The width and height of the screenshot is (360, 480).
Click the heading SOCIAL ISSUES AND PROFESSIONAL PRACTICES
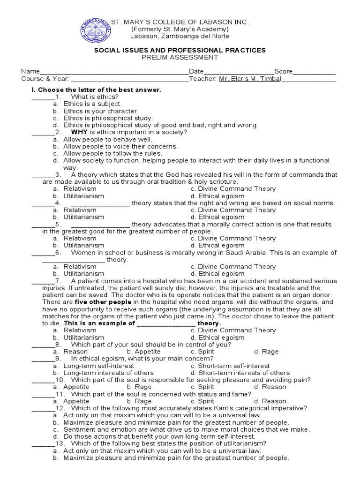(x=180, y=50)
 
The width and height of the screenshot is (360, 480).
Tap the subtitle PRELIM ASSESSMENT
(x=180, y=58)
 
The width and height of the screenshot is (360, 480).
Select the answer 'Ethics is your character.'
(x=101, y=111)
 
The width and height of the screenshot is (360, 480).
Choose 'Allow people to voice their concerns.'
(x=120, y=146)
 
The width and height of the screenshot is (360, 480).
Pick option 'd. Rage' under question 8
(x=266, y=352)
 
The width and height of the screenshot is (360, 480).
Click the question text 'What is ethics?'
(x=91, y=97)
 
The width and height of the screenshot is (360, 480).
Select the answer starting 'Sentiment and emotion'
(x=187, y=429)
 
